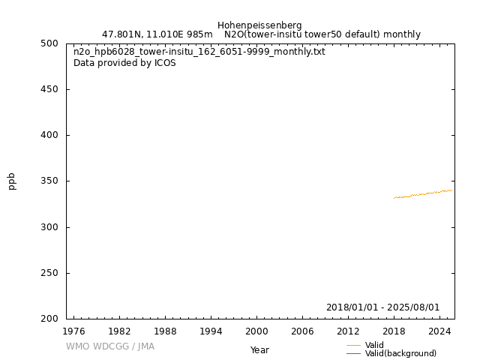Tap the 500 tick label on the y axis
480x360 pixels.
(x=49, y=43)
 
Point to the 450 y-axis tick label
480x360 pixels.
(x=49, y=89)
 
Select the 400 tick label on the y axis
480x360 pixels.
(x=49, y=135)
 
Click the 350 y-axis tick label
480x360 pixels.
(x=49, y=181)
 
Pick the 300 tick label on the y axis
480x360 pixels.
(x=49, y=227)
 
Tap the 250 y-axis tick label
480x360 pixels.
(x=49, y=273)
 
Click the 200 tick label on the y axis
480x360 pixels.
(x=49, y=319)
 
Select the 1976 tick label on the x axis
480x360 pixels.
(x=73, y=331)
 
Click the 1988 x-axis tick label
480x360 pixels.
(x=165, y=331)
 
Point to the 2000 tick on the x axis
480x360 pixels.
(x=256, y=331)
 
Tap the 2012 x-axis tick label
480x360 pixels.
(x=348, y=331)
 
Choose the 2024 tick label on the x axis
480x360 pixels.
(x=439, y=331)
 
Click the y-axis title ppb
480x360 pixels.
(x=12, y=181)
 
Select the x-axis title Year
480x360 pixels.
(x=259, y=350)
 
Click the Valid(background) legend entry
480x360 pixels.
(x=400, y=354)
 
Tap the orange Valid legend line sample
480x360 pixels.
(x=354, y=346)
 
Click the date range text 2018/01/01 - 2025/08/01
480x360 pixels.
(x=382, y=307)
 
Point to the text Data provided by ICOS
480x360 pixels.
(x=124, y=63)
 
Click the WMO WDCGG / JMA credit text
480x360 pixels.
(x=110, y=346)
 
